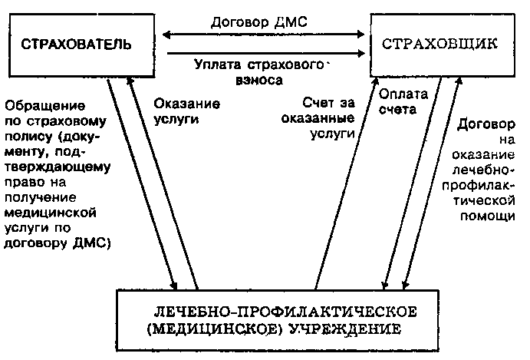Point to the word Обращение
[x=38, y=104]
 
